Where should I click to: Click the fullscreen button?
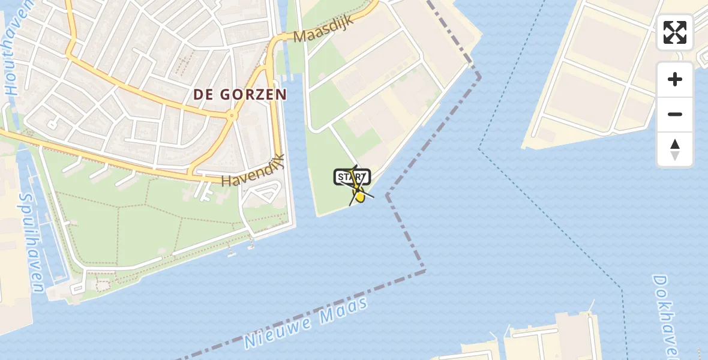click(675, 32)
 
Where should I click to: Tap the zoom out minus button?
click(675, 114)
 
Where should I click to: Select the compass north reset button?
click(675, 149)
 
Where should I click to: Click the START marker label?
click(352, 177)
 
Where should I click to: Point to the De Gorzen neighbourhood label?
click(240, 94)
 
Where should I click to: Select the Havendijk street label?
click(252, 172)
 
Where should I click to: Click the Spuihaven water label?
click(31, 242)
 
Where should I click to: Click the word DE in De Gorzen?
click(204, 94)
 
